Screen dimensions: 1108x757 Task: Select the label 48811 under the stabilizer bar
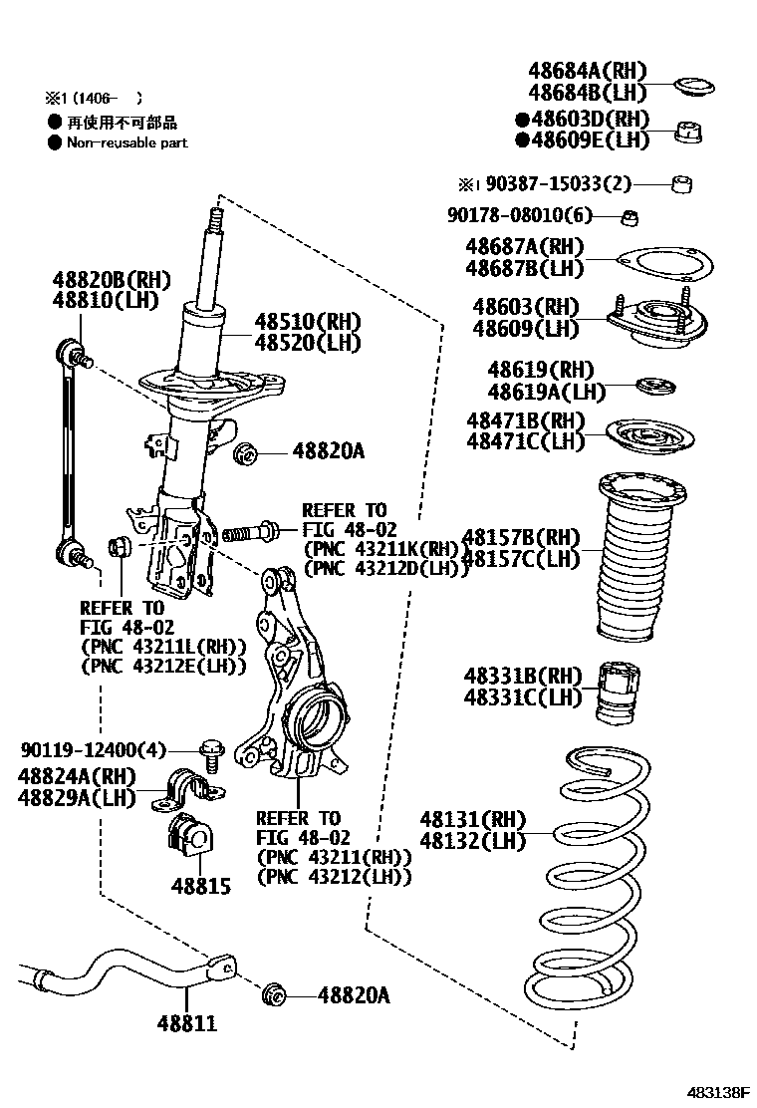[x=186, y=1022]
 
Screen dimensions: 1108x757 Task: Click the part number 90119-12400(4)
[x=93, y=749]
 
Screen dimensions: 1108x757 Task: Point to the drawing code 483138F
[x=715, y=1092]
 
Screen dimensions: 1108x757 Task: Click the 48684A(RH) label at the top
[x=587, y=71]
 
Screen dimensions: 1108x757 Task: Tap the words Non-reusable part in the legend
[x=126, y=142]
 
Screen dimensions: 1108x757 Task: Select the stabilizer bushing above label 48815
[x=187, y=834]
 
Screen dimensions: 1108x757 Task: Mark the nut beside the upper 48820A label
[x=245, y=454]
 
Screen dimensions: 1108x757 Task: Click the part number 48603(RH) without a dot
[x=526, y=307]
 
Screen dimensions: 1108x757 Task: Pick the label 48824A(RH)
[x=76, y=777]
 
